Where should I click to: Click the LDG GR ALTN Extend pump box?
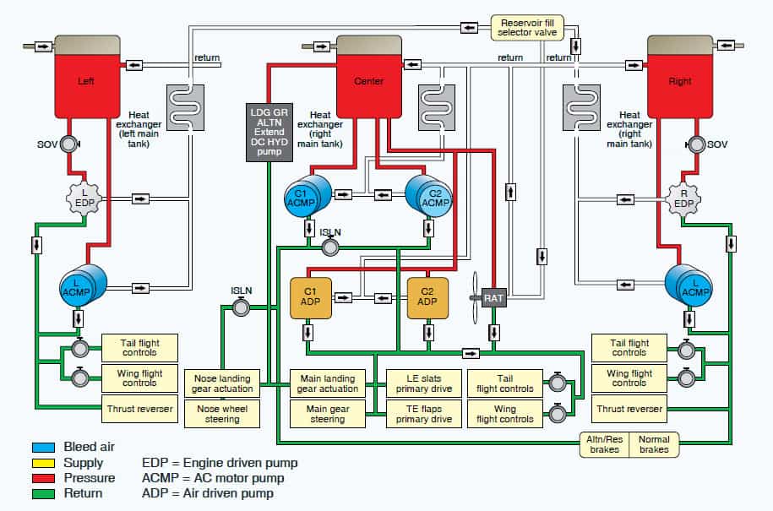[x=269, y=131]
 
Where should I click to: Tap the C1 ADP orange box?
[x=309, y=298]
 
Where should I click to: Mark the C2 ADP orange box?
[x=427, y=298]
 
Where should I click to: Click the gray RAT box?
[x=493, y=297]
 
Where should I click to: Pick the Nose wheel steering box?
[x=223, y=414]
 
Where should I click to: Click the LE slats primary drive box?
[x=424, y=383]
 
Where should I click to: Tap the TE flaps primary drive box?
[x=424, y=414]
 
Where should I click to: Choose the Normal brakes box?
[x=654, y=444]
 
